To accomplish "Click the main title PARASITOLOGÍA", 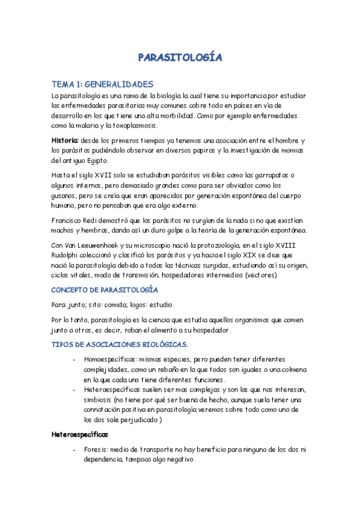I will click(180, 58).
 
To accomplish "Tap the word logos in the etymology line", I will click(163, 305).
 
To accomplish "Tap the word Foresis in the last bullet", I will click(97, 449).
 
